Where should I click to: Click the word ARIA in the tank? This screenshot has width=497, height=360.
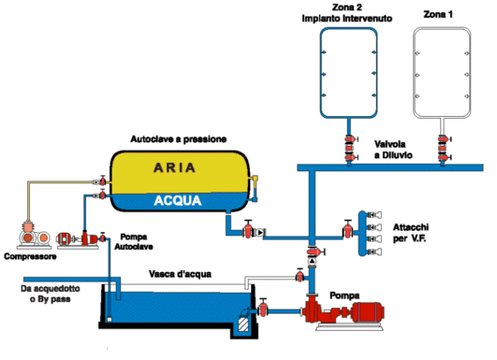(174, 167)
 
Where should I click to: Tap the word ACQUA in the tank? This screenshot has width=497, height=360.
(178, 200)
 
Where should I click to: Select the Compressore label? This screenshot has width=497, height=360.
(30, 256)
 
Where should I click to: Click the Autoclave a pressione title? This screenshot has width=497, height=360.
(179, 139)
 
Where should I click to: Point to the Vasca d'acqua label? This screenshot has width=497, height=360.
(180, 274)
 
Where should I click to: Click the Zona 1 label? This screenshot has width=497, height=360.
(438, 14)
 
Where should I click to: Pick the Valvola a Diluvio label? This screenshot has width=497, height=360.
(393, 150)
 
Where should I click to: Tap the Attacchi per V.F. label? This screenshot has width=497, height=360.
(411, 233)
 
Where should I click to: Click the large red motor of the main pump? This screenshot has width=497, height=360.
(368, 312)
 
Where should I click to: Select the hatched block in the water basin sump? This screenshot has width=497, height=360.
(243, 324)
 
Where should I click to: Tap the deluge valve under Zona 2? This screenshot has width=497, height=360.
(350, 148)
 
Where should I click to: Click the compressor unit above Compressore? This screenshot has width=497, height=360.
(34, 236)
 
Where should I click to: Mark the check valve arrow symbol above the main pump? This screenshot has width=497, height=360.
(313, 261)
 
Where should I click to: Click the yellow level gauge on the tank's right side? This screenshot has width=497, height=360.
(255, 188)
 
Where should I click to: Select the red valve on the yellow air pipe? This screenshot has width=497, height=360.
(103, 180)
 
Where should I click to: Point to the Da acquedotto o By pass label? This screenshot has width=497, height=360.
(51, 294)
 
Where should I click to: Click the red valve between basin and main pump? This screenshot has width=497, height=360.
(263, 308)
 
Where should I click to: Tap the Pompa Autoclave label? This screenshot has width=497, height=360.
(134, 241)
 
